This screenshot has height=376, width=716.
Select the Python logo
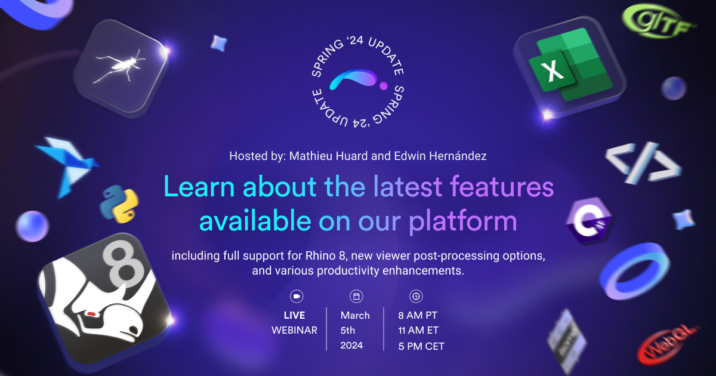[x=119, y=204]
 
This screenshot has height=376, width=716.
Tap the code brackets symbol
[x=643, y=161]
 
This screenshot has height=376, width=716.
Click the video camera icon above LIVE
[x=296, y=296]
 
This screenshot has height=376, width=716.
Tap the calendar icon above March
[x=356, y=296]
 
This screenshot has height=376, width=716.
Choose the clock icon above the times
[x=416, y=296]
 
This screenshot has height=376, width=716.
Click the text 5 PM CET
[x=421, y=346]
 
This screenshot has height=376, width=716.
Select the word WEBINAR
[x=294, y=330]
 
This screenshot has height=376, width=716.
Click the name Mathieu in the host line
[x=310, y=156]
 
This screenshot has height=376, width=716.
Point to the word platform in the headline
[x=462, y=221]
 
